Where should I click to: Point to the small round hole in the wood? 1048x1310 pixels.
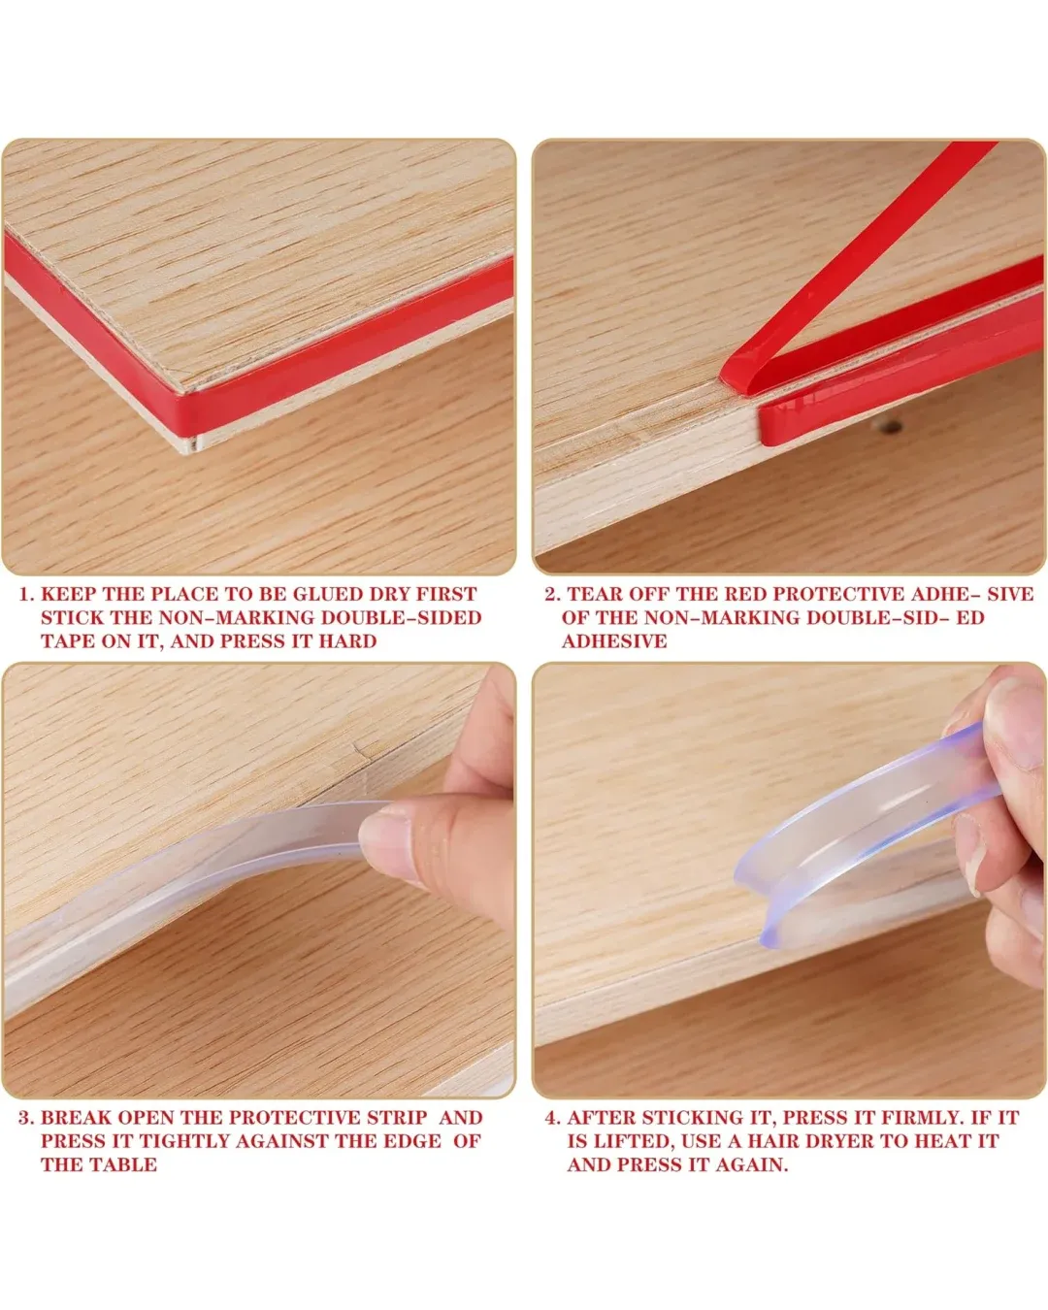[891, 425]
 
